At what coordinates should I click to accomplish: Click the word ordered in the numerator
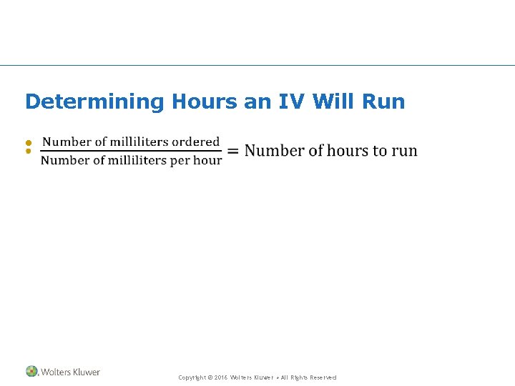pyautogui.click(x=196, y=142)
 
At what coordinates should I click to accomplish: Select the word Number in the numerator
pyautogui.click(x=65, y=142)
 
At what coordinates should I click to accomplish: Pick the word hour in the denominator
pyautogui.click(x=207, y=160)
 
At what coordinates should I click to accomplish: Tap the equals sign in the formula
pyautogui.click(x=232, y=150)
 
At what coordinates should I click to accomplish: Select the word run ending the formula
pyautogui.click(x=405, y=152)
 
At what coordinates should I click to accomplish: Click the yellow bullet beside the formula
pyautogui.click(x=29, y=147)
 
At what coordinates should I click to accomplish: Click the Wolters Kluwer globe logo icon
pyautogui.click(x=31, y=372)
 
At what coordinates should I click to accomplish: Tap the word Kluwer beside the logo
pyautogui.click(x=85, y=372)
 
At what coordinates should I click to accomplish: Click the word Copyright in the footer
pyautogui.click(x=192, y=377)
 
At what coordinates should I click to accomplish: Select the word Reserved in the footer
pyautogui.click(x=322, y=377)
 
